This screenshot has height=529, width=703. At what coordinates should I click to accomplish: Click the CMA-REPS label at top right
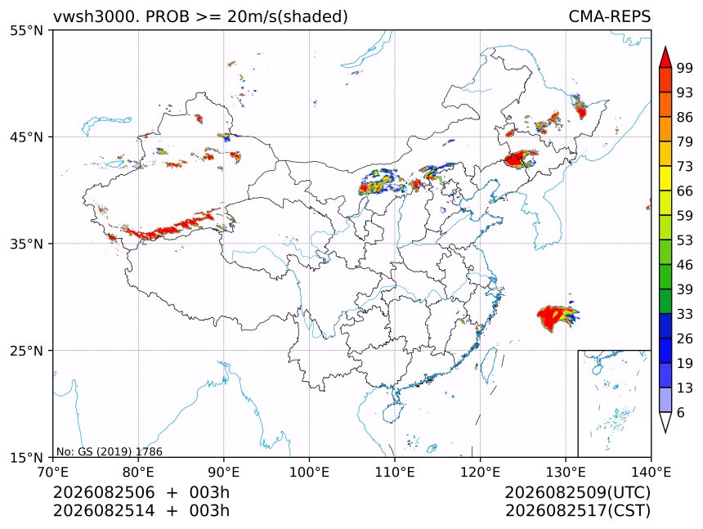click(609, 16)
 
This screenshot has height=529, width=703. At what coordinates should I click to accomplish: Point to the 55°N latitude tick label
click(26, 31)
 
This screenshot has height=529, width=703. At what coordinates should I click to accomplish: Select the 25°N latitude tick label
click(26, 351)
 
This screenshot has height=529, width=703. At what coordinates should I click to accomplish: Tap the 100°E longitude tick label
click(309, 472)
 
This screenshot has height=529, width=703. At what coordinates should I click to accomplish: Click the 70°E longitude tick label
click(53, 472)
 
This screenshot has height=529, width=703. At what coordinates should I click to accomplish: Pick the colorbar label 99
click(685, 68)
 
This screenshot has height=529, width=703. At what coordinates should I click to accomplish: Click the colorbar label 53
click(685, 240)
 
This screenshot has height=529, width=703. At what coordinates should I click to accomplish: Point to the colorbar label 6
click(681, 412)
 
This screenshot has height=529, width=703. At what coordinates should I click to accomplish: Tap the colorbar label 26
click(685, 338)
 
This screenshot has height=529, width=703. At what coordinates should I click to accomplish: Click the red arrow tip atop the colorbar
click(665, 47)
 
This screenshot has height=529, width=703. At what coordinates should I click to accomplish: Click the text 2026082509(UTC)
click(577, 492)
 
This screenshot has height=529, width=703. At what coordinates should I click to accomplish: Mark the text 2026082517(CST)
click(577, 511)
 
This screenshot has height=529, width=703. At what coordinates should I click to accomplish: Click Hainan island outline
click(393, 412)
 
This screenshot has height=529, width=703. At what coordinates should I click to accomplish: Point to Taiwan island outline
click(488, 365)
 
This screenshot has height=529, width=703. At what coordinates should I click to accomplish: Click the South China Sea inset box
click(614, 403)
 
